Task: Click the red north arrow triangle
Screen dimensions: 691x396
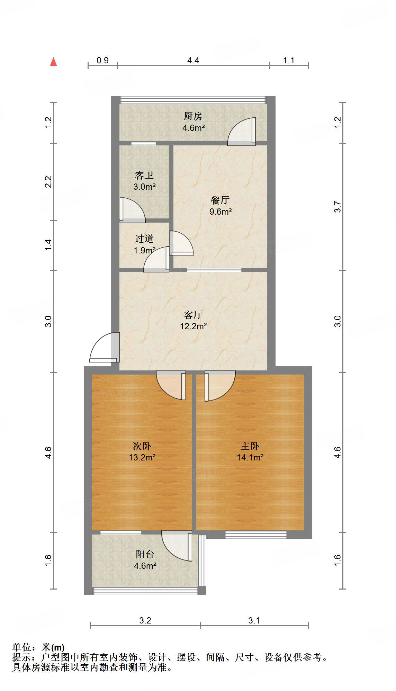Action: [x=53, y=62]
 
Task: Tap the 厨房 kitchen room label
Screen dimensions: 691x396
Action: [x=193, y=116]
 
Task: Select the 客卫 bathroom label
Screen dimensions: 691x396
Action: [x=144, y=175]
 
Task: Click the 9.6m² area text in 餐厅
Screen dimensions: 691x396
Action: [x=220, y=212]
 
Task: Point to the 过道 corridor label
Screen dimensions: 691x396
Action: [x=144, y=239]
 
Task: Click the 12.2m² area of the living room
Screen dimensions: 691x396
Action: [x=193, y=326]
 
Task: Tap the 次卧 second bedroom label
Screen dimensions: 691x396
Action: [x=142, y=446]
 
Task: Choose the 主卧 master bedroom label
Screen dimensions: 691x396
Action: [x=250, y=446]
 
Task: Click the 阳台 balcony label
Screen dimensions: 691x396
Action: [x=145, y=554]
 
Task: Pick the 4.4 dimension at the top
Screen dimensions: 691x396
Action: [x=193, y=61]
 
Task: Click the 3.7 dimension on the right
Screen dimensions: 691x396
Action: [x=337, y=207]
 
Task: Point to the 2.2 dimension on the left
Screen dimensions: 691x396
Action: [x=48, y=182]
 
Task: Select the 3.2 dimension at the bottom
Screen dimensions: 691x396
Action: [x=145, y=620]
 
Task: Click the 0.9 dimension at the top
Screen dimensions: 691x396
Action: [x=102, y=61]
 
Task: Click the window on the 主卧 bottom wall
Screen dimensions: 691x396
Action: [x=256, y=535]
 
